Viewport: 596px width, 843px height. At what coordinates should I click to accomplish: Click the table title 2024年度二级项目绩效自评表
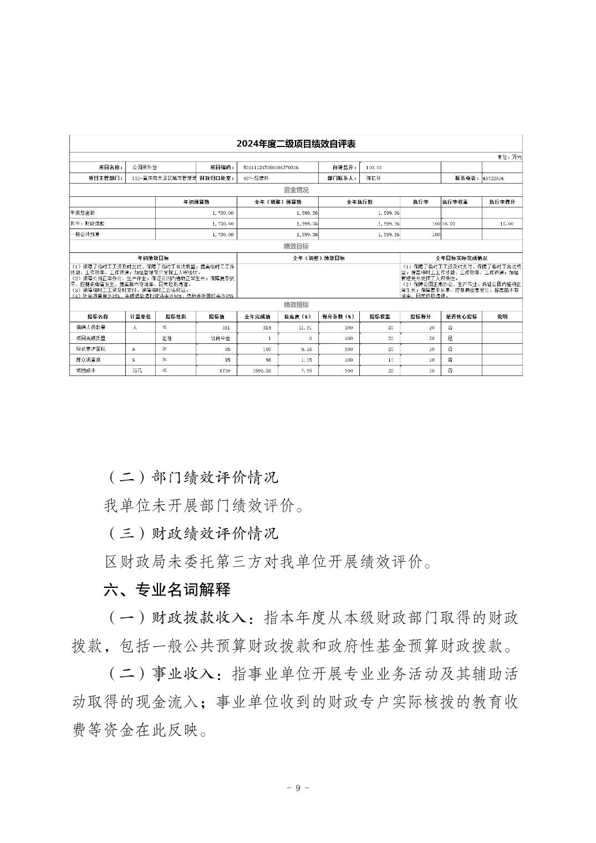(296, 144)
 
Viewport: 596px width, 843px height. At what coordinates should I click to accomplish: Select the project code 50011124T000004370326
(271, 167)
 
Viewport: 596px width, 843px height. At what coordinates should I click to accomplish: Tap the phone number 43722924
(493, 179)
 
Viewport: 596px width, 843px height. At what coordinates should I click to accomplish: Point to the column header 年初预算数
(196, 202)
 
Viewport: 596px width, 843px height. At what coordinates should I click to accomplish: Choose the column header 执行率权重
(461, 202)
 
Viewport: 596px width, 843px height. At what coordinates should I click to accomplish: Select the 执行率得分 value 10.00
(506, 224)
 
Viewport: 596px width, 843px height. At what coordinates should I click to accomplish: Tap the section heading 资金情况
(296, 190)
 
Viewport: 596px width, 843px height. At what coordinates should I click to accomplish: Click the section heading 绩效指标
(296, 305)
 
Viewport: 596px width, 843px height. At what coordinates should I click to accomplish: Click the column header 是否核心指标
(461, 317)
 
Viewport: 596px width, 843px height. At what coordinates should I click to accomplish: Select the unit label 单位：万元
(509, 157)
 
